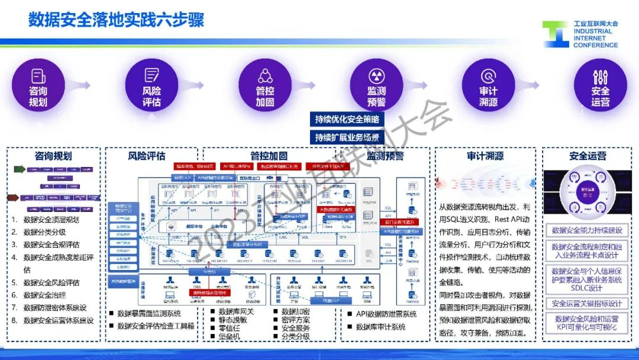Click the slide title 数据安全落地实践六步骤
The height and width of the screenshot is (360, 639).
pyautogui.click(x=117, y=20)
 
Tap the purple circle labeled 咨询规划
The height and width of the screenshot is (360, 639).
pyautogui.click(x=38, y=87)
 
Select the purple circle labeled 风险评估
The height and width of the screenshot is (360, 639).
pyautogui.click(x=151, y=87)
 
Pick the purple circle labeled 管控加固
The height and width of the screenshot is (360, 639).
pyautogui.click(x=264, y=87)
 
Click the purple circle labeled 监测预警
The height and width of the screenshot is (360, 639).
pyautogui.click(x=376, y=87)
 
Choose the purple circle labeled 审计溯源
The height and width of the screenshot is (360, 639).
pyautogui.click(x=488, y=87)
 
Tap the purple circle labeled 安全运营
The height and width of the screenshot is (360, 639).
pyautogui.click(x=600, y=87)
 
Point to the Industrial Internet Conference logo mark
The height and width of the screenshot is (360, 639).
pyautogui.click(x=555, y=35)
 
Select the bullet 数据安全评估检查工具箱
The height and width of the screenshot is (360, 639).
pyautogui.click(x=156, y=325)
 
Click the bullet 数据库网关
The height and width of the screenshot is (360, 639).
pyautogui.click(x=236, y=311)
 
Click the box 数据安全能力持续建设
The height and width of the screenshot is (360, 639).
pyautogui.click(x=587, y=230)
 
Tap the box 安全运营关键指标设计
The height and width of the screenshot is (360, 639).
pyautogui.click(x=587, y=304)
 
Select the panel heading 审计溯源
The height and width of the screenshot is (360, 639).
pyautogui.click(x=485, y=156)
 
